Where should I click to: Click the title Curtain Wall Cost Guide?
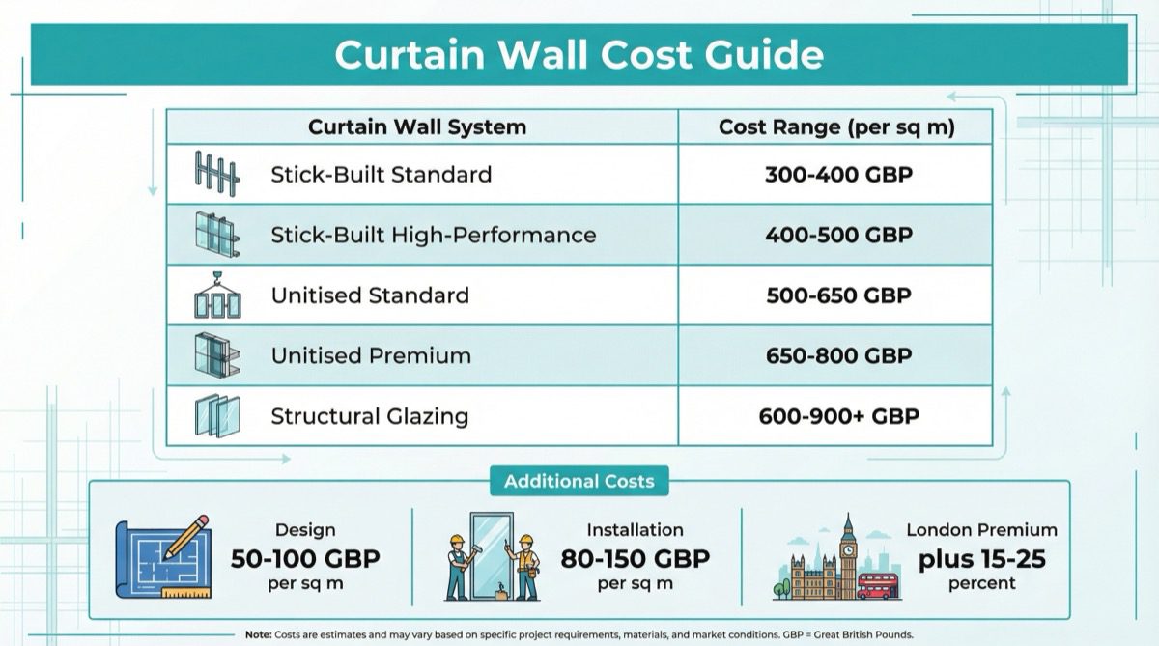tap(579, 54)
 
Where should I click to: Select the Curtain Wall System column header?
tap(417, 126)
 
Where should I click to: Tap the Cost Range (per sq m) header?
tap(836, 126)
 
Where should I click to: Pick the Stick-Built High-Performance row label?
tap(433, 235)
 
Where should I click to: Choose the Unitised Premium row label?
tap(371, 355)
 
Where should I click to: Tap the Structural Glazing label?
tap(369, 416)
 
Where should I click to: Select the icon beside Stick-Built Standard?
tap(215, 174)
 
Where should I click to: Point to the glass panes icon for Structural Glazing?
tap(216, 416)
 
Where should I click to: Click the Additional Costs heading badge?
tap(579, 481)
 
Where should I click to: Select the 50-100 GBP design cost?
tap(305, 558)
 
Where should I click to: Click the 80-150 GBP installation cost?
tap(635, 558)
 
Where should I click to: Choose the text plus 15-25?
tap(981, 558)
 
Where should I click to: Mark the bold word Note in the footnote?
tap(258, 633)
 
